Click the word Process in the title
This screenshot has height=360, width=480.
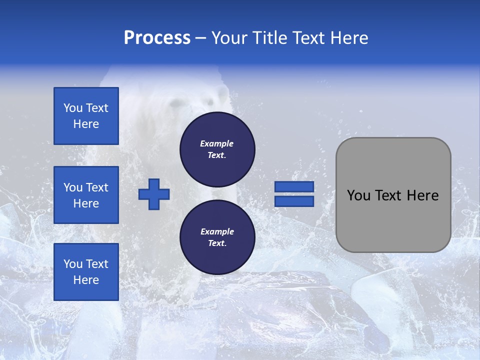[x=157, y=38]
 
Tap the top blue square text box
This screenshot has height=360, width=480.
[x=86, y=116]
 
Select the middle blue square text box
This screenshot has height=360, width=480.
[x=86, y=195]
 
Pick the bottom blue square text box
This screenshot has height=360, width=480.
[x=86, y=271]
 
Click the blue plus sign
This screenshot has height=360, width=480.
[x=154, y=194]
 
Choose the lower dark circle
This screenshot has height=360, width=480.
[x=217, y=237]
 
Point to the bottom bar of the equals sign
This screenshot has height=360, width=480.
[x=294, y=201]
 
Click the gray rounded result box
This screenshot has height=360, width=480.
[x=393, y=194]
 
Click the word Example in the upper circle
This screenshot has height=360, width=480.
[x=217, y=143]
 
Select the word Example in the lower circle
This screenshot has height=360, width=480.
[x=217, y=231]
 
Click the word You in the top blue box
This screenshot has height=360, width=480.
[x=73, y=108]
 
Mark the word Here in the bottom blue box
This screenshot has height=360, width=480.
[x=86, y=280]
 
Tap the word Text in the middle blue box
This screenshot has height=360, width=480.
[x=97, y=187]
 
